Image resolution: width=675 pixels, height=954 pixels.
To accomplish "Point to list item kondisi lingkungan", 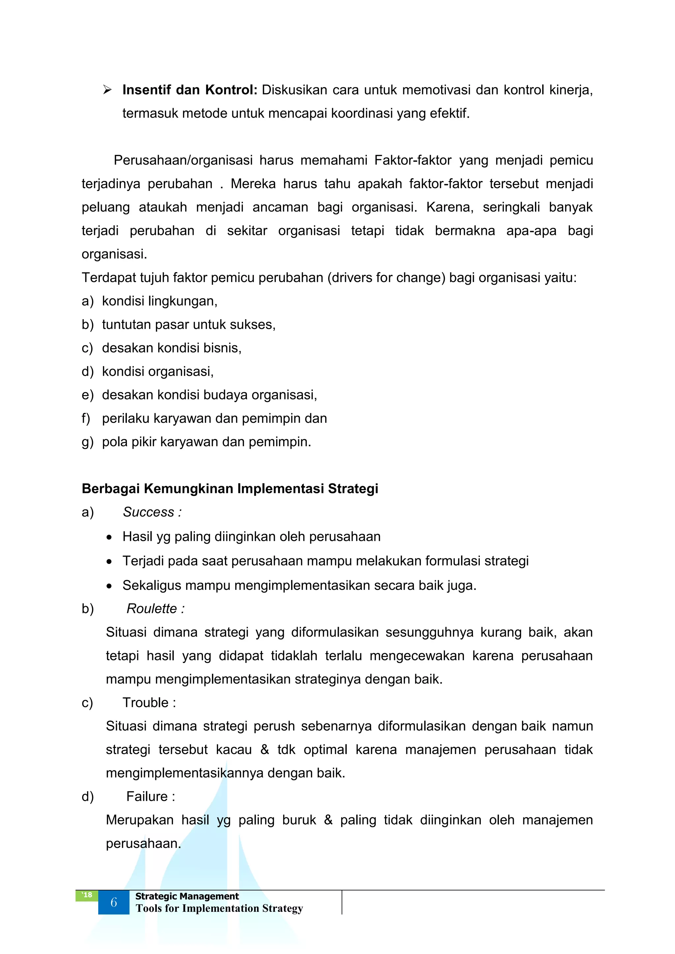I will (x=160, y=301).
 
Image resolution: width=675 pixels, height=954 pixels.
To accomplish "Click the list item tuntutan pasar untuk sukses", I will (x=189, y=325).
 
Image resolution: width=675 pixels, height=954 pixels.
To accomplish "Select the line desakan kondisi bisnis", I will (x=172, y=348).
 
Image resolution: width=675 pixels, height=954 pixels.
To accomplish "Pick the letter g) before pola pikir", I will (x=87, y=442).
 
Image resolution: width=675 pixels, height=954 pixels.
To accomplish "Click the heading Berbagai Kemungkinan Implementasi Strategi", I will (x=230, y=489).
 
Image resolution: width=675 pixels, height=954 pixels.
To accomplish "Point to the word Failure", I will (x=147, y=796).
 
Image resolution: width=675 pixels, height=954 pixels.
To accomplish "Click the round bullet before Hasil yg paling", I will (x=109, y=537).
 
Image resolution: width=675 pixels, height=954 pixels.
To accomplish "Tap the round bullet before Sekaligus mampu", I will (x=109, y=586).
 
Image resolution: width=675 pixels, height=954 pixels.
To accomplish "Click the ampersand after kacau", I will (x=265, y=750).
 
